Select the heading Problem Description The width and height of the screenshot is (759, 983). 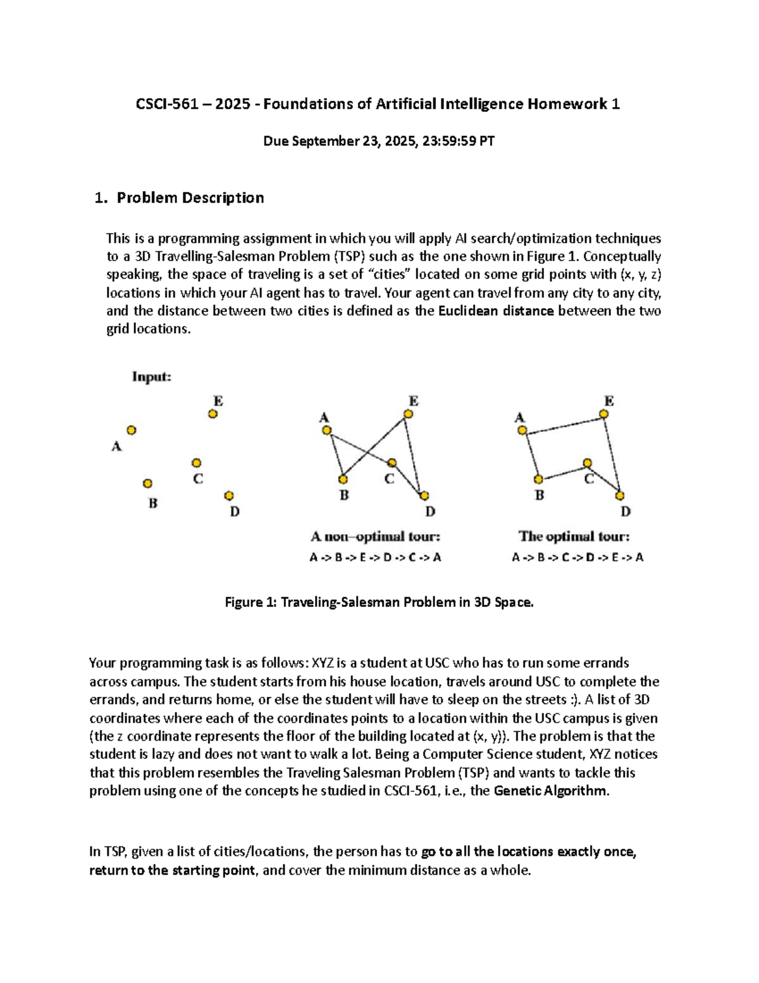(190, 197)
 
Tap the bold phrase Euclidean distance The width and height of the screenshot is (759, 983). (495, 311)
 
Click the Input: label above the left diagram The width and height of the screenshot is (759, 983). (152, 377)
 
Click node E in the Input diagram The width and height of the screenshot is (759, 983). (213, 414)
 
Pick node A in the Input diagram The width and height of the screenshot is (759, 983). (132, 430)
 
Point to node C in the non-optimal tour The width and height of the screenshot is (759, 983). (392, 463)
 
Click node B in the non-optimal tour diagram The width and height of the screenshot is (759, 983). (343, 479)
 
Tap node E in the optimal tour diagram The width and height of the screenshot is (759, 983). (604, 414)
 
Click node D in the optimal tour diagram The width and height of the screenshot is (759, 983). (620, 496)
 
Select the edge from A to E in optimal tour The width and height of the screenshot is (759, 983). (563, 423)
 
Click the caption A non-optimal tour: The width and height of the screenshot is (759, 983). (375, 537)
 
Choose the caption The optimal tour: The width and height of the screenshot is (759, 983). (574, 537)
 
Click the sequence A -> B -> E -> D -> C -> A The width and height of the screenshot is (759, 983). (375, 558)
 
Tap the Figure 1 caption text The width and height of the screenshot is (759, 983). (379, 603)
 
